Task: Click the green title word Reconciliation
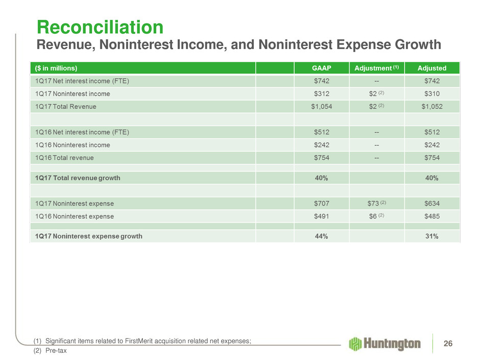click(x=100, y=27)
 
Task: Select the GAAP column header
click(x=321, y=68)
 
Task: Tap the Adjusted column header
click(x=432, y=68)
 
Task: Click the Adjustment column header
click(x=376, y=68)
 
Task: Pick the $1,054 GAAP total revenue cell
click(x=321, y=107)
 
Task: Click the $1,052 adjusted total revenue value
click(x=432, y=107)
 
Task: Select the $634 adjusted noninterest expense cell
click(x=432, y=203)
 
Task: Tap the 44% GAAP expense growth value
click(x=321, y=236)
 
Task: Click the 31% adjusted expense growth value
click(x=432, y=236)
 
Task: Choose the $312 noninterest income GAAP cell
click(x=321, y=93)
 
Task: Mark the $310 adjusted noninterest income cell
click(x=432, y=93)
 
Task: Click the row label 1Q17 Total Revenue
click(x=65, y=107)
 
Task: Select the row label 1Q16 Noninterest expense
click(x=75, y=217)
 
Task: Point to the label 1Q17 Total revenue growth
click(x=78, y=178)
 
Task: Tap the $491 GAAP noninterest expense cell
click(x=321, y=216)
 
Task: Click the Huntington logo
click(x=385, y=344)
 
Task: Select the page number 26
click(x=448, y=344)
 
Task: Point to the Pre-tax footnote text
click(x=56, y=350)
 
